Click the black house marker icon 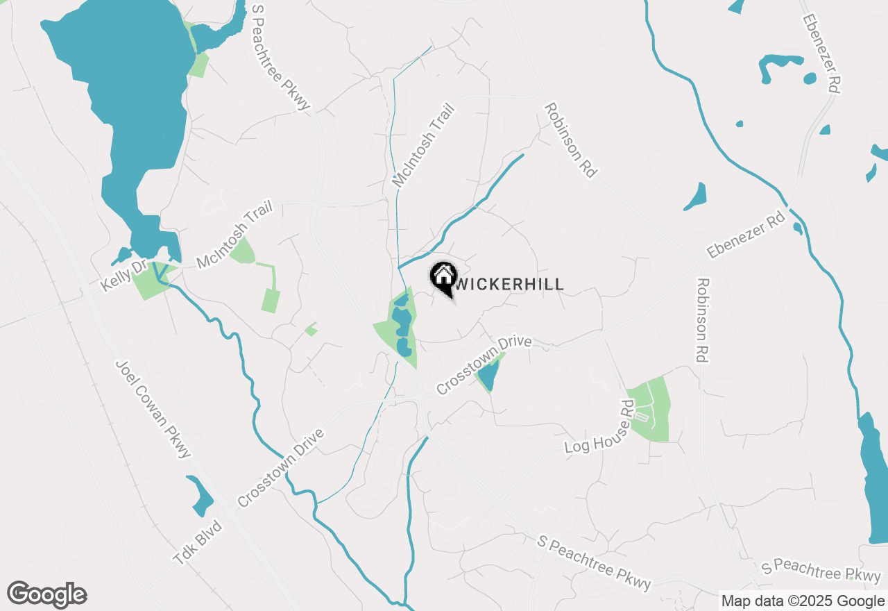pos(443,277)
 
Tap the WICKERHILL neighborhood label pos(509,284)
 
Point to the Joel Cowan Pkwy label pos(153,409)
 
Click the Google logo pos(46,595)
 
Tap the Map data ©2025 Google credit pos(802,601)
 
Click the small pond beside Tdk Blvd pos(200,495)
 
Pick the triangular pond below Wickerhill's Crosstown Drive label pos(488,374)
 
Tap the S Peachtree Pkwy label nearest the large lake pos(280,57)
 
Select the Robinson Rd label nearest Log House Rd pos(703,320)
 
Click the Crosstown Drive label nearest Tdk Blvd pos(281,468)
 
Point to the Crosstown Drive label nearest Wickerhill pos(484,365)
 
